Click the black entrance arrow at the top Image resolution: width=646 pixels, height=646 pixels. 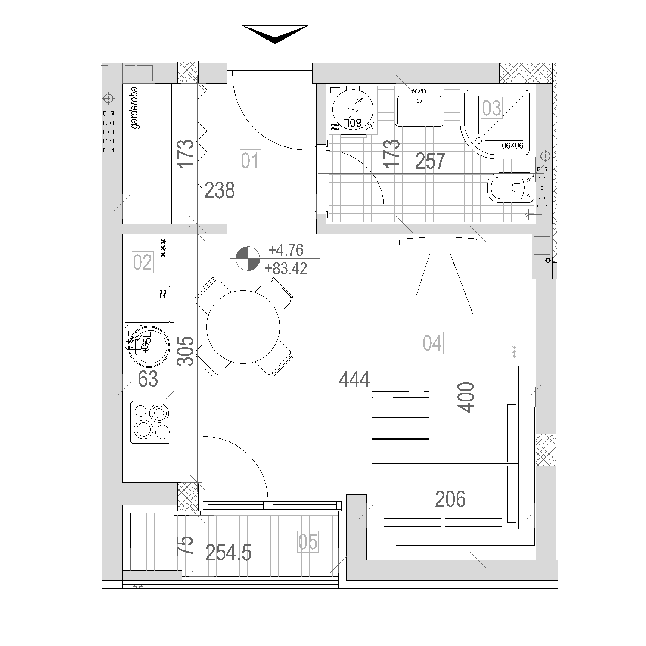(275, 34)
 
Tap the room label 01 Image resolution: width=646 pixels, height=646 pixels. (250, 161)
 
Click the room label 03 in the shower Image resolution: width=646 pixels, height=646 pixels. (491, 108)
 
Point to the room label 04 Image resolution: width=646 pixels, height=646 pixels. (432, 343)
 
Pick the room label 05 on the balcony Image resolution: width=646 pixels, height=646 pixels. (307, 542)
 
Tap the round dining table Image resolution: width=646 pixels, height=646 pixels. (243, 326)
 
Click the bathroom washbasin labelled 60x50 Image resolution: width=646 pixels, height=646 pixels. (419, 110)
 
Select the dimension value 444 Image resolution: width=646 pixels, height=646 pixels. (354, 379)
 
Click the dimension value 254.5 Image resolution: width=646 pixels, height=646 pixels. (228, 553)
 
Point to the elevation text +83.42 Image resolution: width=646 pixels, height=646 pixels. (286, 269)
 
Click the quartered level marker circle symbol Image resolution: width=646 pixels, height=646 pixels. (248, 258)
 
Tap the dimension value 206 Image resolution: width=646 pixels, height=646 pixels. (450, 499)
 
